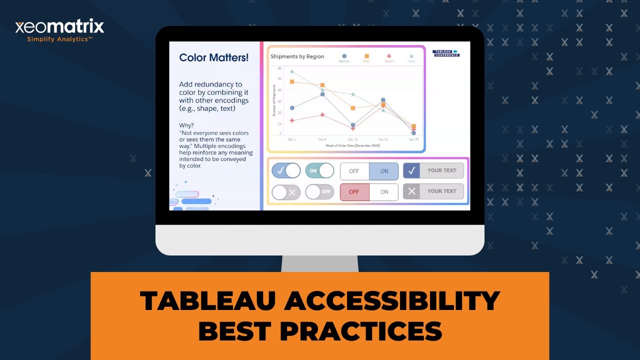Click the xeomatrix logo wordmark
[x=59, y=26]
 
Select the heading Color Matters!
[x=213, y=57]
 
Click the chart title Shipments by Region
[x=297, y=56]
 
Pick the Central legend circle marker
[x=344, y=56]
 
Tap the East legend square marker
[x=366, y=56]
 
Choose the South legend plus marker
[x=389, y=56]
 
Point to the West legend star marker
[x=411, y=56]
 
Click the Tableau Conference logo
[x=445, y=53]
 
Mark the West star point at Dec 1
[x=292, y=72]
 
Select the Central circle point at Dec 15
[x=353, y=125]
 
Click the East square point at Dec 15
[x=353, y=108]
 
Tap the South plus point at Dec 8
[x=322, y=115]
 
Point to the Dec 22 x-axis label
[x=383, y=139]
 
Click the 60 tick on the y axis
[x=280, y=68]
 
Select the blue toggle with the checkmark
[x=286, y=170]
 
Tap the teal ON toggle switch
[x=319, y=170]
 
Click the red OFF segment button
[x=354, y=192]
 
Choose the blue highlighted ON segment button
[x=384, y=171]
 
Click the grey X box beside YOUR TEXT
[x=411, y=191]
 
